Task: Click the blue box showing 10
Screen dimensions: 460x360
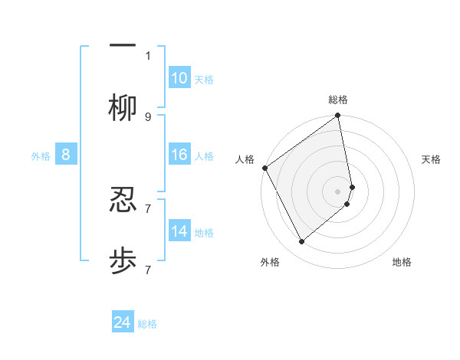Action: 179,78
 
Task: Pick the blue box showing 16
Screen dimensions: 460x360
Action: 179,155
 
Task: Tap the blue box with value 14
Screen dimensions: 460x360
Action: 179,231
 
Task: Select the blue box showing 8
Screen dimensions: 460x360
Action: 66,155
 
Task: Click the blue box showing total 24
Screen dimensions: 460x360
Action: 123,322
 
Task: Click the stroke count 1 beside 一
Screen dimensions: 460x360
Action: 148,55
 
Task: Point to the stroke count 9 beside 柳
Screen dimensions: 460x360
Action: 148,117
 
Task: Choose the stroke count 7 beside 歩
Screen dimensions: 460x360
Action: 148,270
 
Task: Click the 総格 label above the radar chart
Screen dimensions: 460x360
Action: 338,100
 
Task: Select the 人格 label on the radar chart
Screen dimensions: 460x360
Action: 245,159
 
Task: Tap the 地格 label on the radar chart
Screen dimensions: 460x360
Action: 402,262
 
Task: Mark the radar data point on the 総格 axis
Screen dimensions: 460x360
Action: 338,116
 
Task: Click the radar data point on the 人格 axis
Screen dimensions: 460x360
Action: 264,168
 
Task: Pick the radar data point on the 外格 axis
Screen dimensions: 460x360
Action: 301,242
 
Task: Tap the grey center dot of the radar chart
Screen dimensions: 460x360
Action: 338,191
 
